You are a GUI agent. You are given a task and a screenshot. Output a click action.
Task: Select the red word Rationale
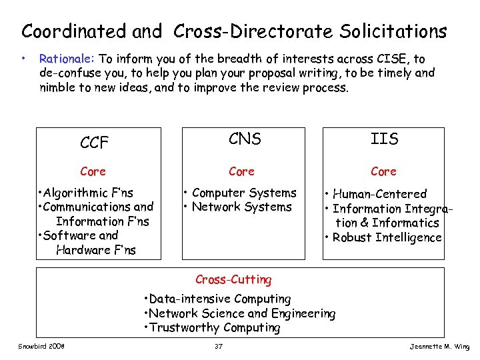click(67, 59)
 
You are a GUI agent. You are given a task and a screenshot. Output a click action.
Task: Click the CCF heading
click(94, 142)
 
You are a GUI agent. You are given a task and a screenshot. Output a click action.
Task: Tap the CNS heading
click(245, 139)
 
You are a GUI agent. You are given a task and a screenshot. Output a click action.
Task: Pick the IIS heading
click(384, 139)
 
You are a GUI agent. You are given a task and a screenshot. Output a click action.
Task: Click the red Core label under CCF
click(93, 171)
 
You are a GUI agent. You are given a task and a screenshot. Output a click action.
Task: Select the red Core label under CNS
click(241, 171)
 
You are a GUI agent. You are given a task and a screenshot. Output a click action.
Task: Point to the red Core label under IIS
click(383, 171)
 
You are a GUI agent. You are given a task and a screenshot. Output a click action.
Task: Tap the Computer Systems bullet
click(241, 193)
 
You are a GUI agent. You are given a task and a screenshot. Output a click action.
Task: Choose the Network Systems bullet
click(238, 207)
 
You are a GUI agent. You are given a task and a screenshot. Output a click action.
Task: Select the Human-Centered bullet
click(376, 194)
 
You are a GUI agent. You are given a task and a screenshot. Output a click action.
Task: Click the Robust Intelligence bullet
click(384, 237)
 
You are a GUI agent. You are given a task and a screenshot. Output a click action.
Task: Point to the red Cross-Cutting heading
click(233, 279)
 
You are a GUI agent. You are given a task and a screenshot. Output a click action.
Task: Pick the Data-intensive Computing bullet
click(218, 299)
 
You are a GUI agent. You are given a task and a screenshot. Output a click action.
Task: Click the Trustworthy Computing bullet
click(213, 327)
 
